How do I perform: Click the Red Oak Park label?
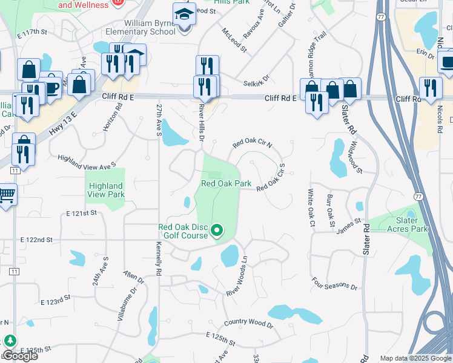tap(226, 183)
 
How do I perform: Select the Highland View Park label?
tap(106, 190)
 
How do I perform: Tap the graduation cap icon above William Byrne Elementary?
tap(185, 14)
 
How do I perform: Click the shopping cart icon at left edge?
tap(7, 195)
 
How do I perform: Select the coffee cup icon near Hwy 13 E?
tap(51, 86)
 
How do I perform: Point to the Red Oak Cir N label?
tap(253, 143)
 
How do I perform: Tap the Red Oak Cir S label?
tap(271, 180)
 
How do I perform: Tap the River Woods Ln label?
tap(237, 276)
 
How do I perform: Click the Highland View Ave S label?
tap(86, 161)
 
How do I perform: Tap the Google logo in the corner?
tap(20, 356)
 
